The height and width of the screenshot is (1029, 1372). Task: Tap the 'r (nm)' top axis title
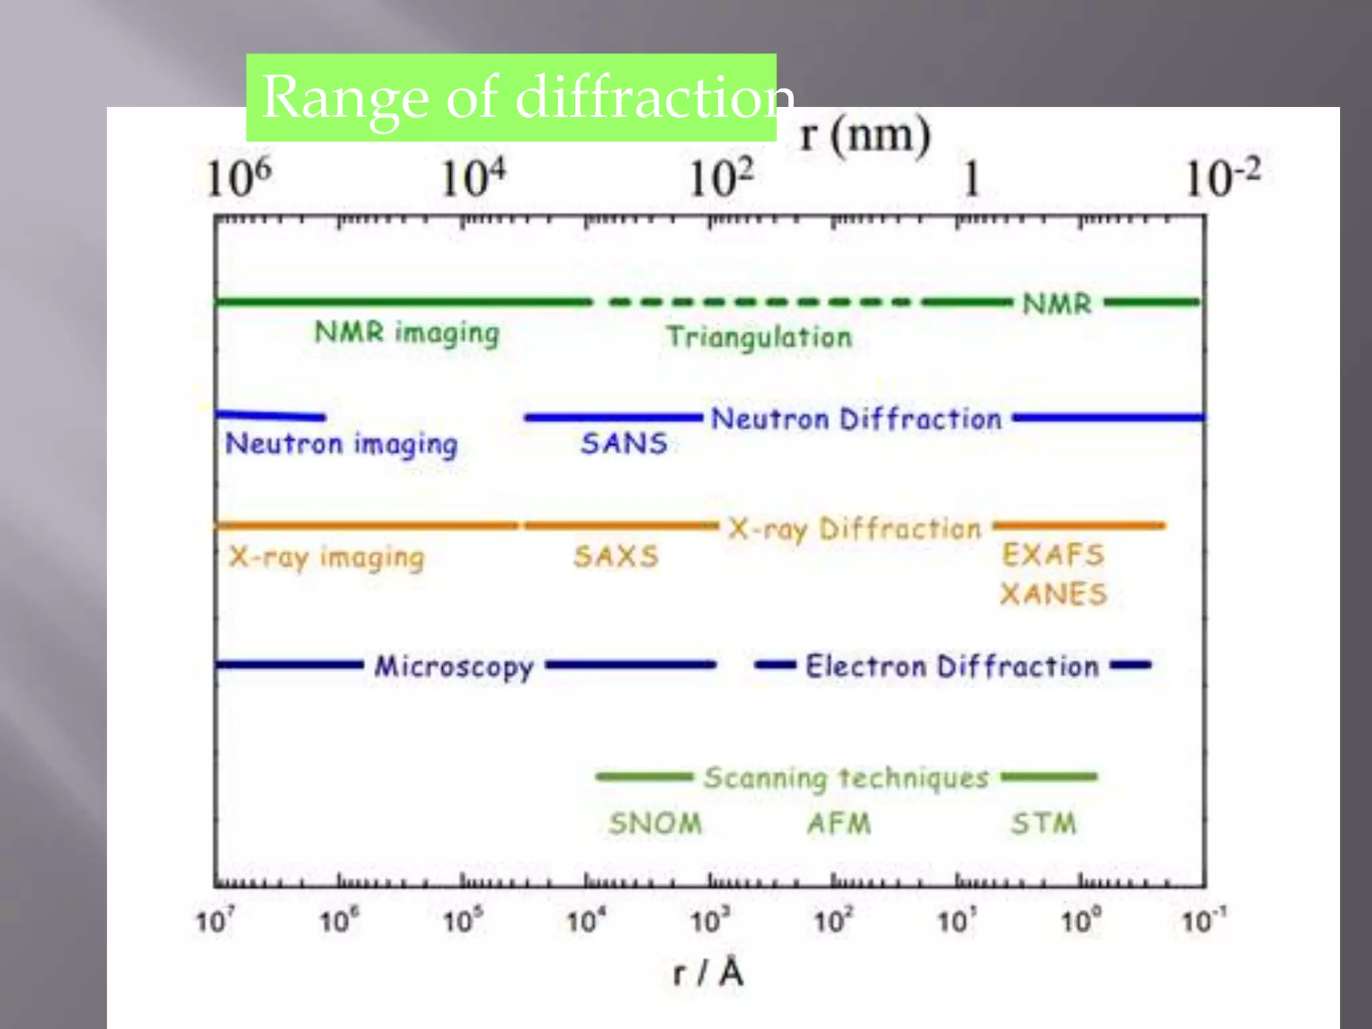(865, 136)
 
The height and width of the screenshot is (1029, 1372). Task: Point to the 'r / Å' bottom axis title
(708, 973)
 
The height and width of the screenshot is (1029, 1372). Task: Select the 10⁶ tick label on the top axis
(238, 178)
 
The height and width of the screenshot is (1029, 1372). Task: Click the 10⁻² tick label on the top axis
(1223, 178)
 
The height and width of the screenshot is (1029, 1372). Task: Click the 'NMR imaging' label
(407, 333)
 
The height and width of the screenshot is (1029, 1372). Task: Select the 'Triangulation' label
(759, 337)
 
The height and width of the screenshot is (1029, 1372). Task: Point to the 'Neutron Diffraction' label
(856, 419)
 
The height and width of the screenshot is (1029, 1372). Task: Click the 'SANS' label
(624, 443)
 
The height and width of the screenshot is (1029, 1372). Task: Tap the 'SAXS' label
(616, 557)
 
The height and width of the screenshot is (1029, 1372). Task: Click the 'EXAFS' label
(1052, 555)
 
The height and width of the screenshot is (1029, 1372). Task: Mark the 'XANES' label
(1053, 594)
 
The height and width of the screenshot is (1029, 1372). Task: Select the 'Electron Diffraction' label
(951, 667)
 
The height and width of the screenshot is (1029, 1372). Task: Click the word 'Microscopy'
(454, 667)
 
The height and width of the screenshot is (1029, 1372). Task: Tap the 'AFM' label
(839, 823)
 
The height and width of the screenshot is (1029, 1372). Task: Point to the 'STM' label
(1043, 823)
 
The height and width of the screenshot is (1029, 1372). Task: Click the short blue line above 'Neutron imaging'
(270, 416)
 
